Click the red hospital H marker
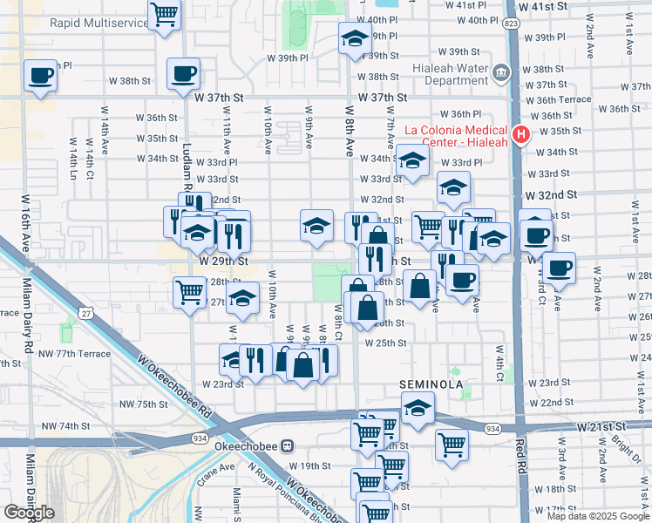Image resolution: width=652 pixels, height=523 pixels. tap(521, 134)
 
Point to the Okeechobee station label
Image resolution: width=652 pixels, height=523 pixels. tap(240, 445)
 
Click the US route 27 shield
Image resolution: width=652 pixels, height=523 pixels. tap(86, 313)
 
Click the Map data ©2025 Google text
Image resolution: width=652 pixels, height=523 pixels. tap(597, 515)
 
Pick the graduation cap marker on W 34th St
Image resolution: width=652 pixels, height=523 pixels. tap(412, 160)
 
